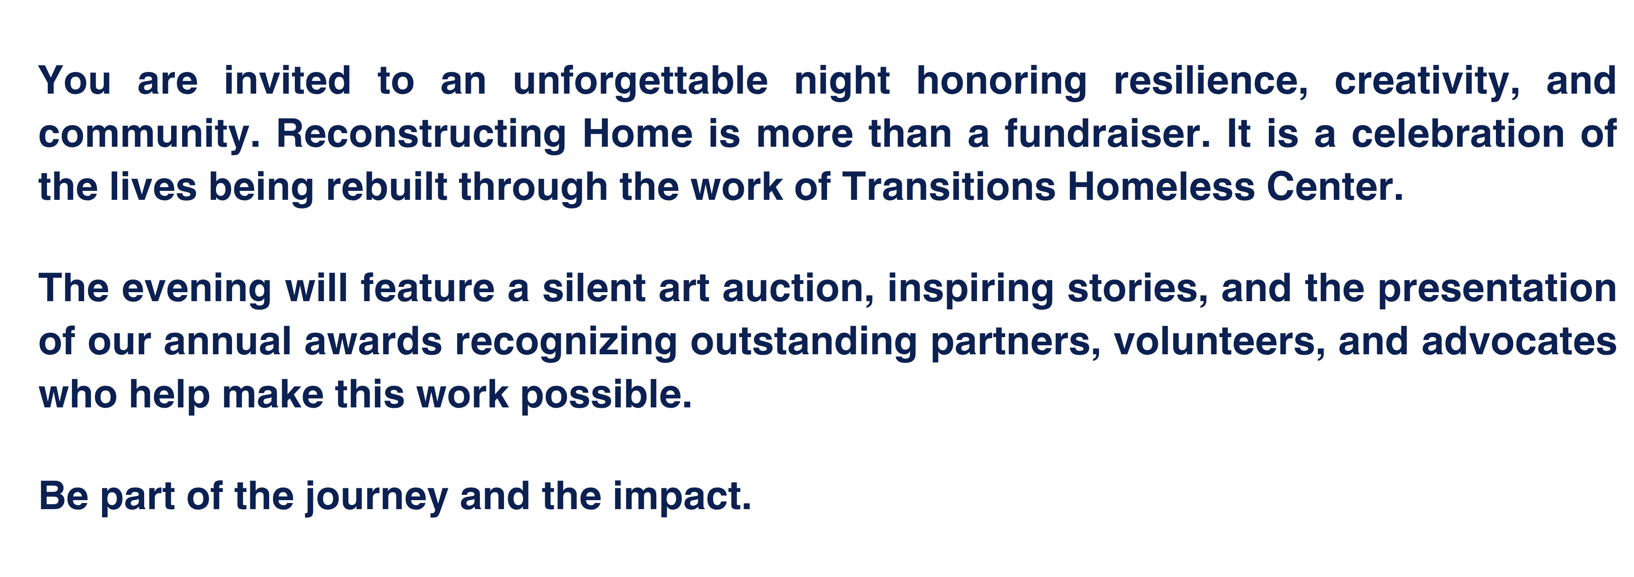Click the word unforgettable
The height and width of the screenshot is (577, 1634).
pos(640,81)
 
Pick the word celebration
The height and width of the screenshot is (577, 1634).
pos(1458,134)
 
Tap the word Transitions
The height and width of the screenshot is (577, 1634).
pos(949,187)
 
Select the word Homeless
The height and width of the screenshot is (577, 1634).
pos(1161,187)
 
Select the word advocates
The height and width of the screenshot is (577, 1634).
pos(1519,342)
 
